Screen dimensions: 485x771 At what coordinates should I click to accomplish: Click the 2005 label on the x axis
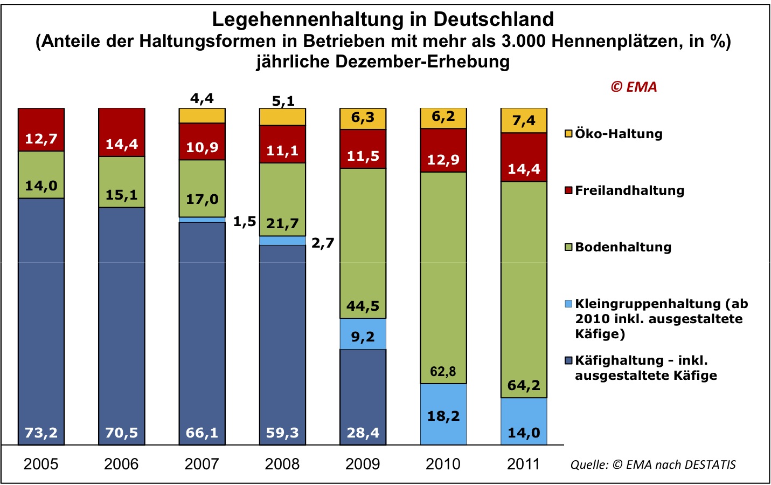click(41, 464)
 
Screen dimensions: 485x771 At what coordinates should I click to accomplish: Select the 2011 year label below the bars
click(523, 464)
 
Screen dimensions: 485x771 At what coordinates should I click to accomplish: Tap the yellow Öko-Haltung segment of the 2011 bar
click(524, 120)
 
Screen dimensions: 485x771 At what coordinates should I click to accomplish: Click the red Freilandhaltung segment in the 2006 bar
click(122, 132)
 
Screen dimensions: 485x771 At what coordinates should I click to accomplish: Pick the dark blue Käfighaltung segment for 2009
click(363, 397)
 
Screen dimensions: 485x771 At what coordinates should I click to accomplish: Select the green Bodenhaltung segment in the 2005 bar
click(41, 174)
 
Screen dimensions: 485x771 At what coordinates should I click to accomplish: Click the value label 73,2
click(41, 433)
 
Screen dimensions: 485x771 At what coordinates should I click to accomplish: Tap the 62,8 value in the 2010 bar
click(443, 372)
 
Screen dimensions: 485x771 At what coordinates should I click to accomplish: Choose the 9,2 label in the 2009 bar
click(363, 337)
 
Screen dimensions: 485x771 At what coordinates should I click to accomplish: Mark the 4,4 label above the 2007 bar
click(202, 99)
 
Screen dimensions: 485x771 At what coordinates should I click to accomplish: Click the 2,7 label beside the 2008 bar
click(323, 243)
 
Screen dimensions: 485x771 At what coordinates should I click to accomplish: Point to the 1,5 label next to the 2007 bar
click(245, 222)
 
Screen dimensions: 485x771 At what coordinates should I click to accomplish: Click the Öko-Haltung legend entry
click(618, 134)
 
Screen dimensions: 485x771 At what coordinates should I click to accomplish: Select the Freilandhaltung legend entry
click(629, 190)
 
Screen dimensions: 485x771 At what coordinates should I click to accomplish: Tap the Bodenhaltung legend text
click(623, 247)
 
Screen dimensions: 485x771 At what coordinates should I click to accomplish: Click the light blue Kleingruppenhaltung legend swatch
click(568, 304)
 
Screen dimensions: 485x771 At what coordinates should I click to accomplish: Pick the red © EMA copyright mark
click(634, 87)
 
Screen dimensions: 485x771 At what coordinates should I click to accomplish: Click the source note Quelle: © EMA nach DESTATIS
click(653, 464)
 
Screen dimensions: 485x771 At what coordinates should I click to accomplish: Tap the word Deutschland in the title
click(494, 19)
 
